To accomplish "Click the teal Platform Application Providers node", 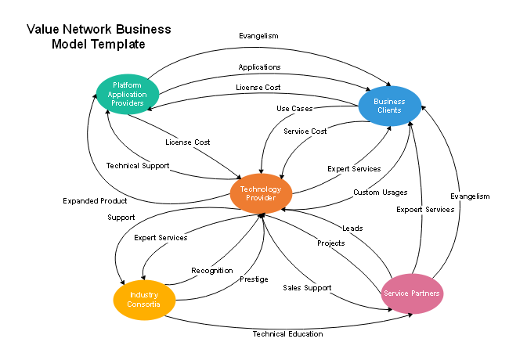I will tap(127, 95).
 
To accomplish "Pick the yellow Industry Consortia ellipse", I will tap(144, 299).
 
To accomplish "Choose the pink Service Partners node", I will tap(411, 293).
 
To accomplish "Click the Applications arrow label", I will tap(259, 67).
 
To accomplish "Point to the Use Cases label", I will tap(294, 108).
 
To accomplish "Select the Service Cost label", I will tap(305, 131).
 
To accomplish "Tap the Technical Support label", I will tap(137, 166).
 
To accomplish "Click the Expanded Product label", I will tap(95, 201).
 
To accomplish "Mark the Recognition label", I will tap(212, 271).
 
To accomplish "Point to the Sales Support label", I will tap(307, 288).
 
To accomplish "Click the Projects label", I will tap(330, 243).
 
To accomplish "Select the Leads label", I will tap(352, 229).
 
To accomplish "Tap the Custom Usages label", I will tap(380, 193).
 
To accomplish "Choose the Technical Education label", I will tap(287, 334).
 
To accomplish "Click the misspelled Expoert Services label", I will tap(425, 210).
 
